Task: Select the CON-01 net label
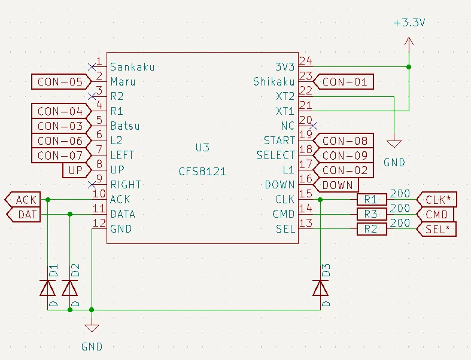tap(344, 82)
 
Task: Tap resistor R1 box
tap(372, 199)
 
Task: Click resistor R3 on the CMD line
tap(372, 214)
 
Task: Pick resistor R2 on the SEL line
tap(372, 229)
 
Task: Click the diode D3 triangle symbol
tap(321, 288)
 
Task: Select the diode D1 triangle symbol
tap(47, 288)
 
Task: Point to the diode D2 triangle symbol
tap(69, 288)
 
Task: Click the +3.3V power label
tap(409, 23)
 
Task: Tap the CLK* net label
tap(437, 199)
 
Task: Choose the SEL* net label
tap(436, 229)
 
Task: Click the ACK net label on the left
tap(23, 199)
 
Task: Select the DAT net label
tap(23, 214)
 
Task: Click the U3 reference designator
tap(202, 148)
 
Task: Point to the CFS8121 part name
tap(202, 172)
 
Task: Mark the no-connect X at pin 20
tap(313, 126)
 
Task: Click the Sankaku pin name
tap(132, 66)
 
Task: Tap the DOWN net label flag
tap(336, 185)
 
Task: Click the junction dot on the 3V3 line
tap(409, 67)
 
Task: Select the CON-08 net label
tap(344, 141)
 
